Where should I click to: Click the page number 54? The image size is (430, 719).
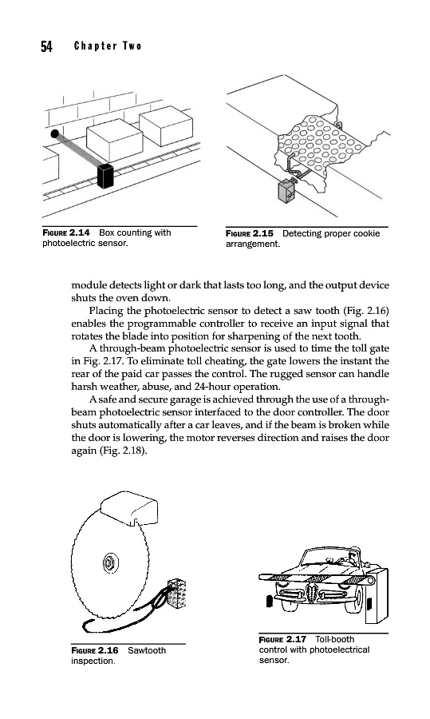46,46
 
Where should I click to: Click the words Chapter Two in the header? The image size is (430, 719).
108,46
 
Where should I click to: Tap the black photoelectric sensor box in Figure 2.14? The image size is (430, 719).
105,176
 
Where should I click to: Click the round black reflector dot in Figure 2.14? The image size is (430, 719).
54,134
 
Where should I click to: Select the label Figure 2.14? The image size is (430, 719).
66,232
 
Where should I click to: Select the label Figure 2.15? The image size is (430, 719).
249,233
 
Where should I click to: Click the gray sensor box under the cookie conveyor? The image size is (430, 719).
287,190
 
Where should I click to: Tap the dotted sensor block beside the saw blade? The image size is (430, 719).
177,593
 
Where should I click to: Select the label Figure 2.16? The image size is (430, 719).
94,650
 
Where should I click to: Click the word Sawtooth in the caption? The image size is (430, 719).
147,650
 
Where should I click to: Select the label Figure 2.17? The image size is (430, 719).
282,639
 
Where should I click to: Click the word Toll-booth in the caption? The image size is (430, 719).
335,639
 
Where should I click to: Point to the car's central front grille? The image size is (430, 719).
312,593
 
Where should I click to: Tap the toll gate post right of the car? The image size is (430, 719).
377,596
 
